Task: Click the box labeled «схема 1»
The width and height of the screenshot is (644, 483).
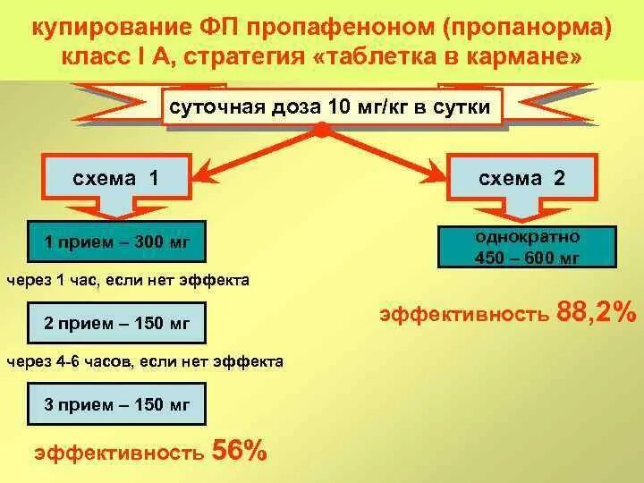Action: coord(116,177)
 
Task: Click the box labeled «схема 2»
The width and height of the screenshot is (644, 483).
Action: coord(522,177)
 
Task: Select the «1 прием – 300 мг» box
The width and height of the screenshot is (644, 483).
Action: coord(117,241)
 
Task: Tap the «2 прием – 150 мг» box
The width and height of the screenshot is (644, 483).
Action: coord(117,324)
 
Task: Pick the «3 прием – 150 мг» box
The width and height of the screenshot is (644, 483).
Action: coord(117,404)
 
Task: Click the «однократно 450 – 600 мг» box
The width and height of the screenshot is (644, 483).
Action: coord(528,247)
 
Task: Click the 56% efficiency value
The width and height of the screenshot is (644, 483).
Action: coord(238,450)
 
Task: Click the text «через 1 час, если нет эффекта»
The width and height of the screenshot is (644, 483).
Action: coord(128,280)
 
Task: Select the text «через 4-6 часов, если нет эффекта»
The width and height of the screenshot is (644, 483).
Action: coord(145,362)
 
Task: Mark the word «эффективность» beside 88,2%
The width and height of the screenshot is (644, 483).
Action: coord(463,315)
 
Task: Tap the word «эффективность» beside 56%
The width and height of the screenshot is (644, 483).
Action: coord(119,453)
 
